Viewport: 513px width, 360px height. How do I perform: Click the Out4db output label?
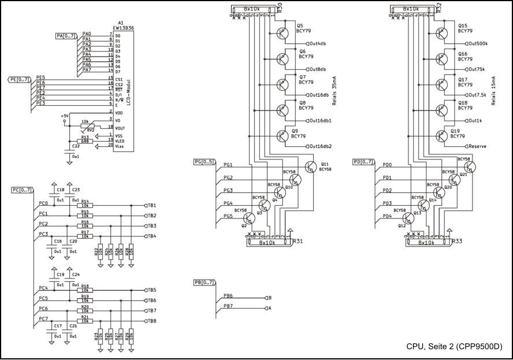[x=318, y=44]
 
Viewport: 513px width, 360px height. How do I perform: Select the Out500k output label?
[x=478, y=44]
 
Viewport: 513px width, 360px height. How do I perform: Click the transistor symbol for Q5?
[x=282, y=33]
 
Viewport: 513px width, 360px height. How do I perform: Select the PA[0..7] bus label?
[x=65, y=36]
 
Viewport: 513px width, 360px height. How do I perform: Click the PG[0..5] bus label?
[x=203, y=162]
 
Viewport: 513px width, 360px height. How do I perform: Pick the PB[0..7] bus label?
[x=205, y=283]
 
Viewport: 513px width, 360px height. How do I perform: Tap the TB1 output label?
[x=152, y=206]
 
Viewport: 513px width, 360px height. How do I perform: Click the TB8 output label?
[x=152, y=321]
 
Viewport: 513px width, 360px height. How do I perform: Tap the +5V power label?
[x=64, y=116]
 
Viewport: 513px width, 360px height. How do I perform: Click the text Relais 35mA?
[x=334, y=90]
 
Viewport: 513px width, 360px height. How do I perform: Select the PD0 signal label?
[x=388, y=165]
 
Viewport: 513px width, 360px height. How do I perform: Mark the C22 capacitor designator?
[x=76, y=146]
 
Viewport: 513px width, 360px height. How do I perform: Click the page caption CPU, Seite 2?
[x=454, y=347]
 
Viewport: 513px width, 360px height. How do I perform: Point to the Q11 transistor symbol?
[x=311, y=167]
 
